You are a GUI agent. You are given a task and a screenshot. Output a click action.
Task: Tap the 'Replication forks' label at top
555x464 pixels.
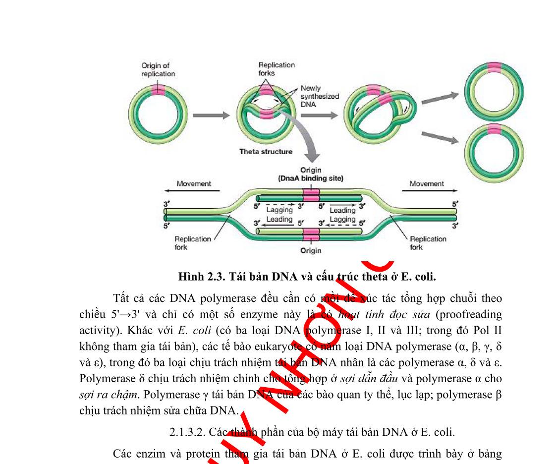point(277,69)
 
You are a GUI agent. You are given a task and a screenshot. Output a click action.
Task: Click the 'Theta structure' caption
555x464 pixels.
point(266,152)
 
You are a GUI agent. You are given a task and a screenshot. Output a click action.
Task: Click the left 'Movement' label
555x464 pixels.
point(194,183)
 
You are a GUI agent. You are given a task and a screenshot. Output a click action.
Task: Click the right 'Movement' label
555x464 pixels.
point(427,183)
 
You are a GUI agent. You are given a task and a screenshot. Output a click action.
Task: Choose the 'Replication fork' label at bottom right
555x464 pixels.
point(428,242)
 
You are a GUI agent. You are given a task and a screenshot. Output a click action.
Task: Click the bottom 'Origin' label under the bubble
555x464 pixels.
point(311,250)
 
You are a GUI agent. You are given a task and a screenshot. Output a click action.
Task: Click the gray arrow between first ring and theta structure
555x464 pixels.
point(211,115)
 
